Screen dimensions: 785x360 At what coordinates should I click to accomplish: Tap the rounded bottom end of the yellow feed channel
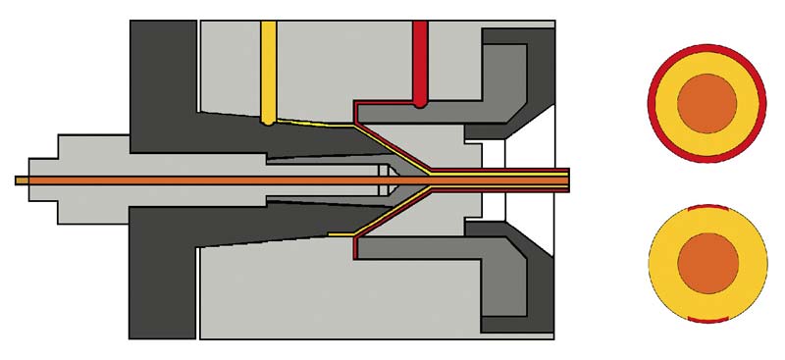click(x=269, y=119)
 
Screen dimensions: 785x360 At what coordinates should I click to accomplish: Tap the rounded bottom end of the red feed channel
click(x=420, y=100)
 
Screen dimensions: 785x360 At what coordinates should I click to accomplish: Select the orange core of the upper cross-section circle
click(x=706, y=103)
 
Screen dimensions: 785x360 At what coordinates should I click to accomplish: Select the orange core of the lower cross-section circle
click(x=707, y=263)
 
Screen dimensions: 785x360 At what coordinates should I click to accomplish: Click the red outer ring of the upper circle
click(x=706, y=49)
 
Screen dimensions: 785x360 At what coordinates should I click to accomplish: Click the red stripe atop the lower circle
click(x=706, y=207)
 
